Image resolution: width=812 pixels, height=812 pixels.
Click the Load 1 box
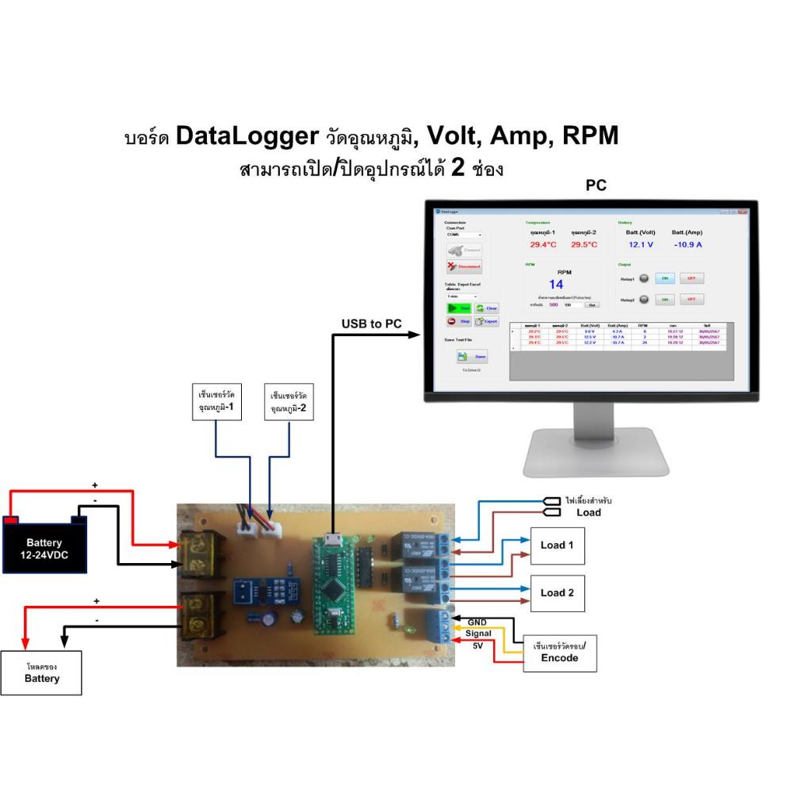tap(557, 545)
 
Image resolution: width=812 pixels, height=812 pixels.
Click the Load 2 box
tap(557, 593)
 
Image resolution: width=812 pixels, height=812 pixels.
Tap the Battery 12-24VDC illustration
tap(45, 542)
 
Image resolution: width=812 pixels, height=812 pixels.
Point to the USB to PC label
tap(370, 324)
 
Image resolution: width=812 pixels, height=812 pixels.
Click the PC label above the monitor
tap(596, 186)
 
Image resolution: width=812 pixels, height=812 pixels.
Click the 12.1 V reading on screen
tap(641, 245)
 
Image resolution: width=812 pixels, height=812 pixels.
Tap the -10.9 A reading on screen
tap(688, 245)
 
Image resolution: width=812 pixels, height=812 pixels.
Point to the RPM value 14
tap(556, 285)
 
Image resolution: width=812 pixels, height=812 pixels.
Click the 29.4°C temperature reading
tap(543, 245)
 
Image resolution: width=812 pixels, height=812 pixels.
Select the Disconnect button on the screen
tap(464, 266)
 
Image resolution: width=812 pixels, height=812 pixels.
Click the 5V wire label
tap(478, 646)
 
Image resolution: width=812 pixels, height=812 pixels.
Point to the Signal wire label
tap(480, 634)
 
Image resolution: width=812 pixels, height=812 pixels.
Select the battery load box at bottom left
tap(41, 673)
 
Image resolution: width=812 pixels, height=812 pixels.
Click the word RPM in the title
tap(589, 136)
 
